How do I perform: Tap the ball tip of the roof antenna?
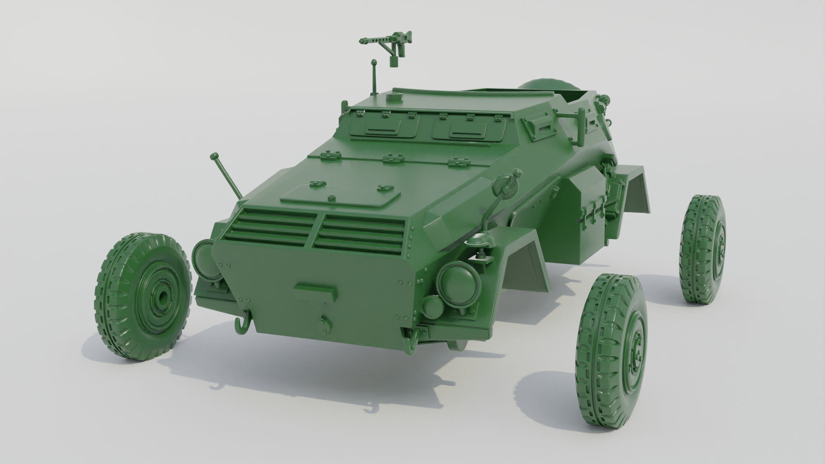click(x=374, y=62)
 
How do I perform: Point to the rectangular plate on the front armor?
click(x=315, y=292)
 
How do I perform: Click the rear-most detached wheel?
click(x=703, y=249)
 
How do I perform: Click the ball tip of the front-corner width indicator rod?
click(x=214, y=156)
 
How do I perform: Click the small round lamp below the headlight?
click(x=431, y=305)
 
